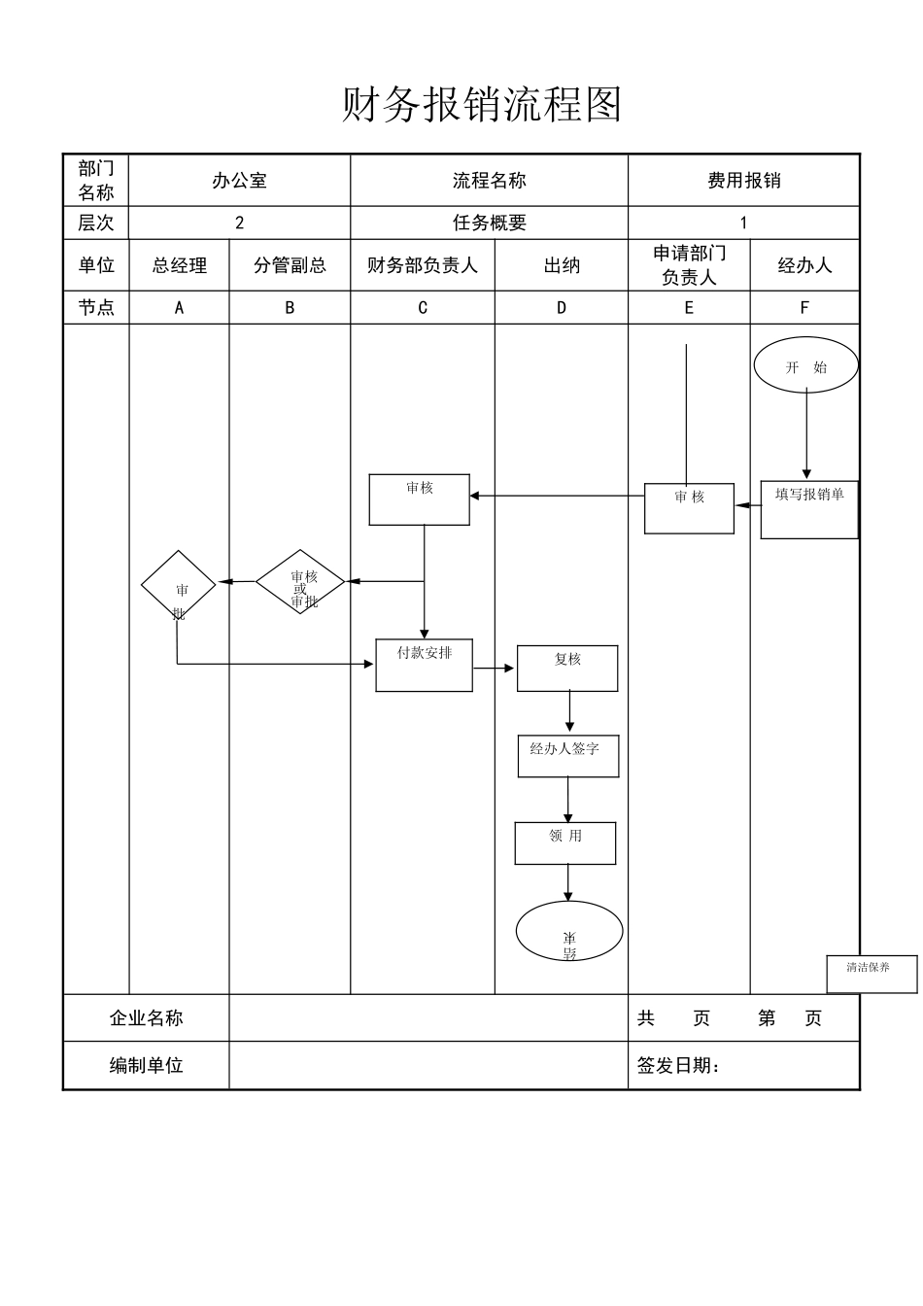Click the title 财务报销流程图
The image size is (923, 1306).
pyautogui.click(x=481, y=105)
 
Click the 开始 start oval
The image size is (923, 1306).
pyautogui.click(x=805, y=366)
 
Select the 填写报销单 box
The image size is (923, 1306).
pyautogui.click(x=808, y=509)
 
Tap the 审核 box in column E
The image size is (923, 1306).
pyautogui.click(x=689, y=507)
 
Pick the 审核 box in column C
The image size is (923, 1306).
pyautogui.click(x=419, y=499)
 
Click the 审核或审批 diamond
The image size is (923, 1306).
pyautogui.click(x=300, y=582)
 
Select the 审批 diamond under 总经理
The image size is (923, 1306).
pyautogui.click(x=178, y=586)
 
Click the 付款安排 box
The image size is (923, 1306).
pyautogui.click(x=424, y=665)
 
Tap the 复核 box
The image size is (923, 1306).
pyautogui.click(x=566, y=668)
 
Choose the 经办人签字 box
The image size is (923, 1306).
pyautogui.click(x=567, y=755)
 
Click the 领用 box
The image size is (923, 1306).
pyautogui.click(x=564, y=842)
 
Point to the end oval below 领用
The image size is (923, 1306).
pyautogui.click(x=568, y=931)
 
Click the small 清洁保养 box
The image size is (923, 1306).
pyautogui.click(x=871, y=974)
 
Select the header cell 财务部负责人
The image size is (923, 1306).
pyautogui.click(x=422, y=265)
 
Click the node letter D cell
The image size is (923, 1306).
pyautogui.click(x=561, y=308)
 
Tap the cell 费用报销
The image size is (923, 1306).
pyautogui.click(x=743, y=181)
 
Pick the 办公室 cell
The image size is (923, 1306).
pyautogui.click(x=239, y=181)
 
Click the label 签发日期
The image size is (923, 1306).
pyautogui.click(x=678, y=1066)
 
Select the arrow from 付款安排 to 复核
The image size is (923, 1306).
pyautogui.click(x=495, y=668)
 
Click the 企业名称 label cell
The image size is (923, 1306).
pyautogui.click(x=146, y=1018)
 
